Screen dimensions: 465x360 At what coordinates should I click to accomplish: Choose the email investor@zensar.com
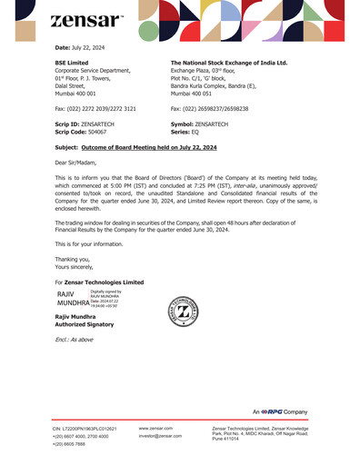click(161, 437)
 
